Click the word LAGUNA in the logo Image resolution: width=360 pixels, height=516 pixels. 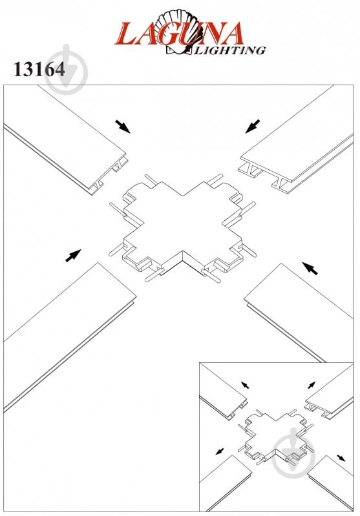tap(180, 34)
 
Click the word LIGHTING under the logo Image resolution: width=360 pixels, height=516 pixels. tap(230, 50)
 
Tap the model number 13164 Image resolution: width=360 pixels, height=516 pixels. tap(39, 70)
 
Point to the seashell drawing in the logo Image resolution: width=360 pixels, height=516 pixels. tap(180, 31)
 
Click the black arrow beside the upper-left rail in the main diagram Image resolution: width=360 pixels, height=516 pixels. tap(123, 127)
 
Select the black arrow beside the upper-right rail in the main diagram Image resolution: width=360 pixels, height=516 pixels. tap(253, 127)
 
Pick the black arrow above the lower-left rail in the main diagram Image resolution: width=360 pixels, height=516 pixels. tap(73, 256)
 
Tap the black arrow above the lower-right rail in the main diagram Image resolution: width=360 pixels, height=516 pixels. tap(310, 268)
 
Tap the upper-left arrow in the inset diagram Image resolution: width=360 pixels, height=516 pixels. tap(245, 385)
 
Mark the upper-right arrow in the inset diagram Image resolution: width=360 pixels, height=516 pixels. tap(312, 385)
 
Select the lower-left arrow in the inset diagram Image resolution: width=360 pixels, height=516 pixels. tap(220, 451)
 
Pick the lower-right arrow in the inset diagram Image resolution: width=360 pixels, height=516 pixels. tap(341, 458)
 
